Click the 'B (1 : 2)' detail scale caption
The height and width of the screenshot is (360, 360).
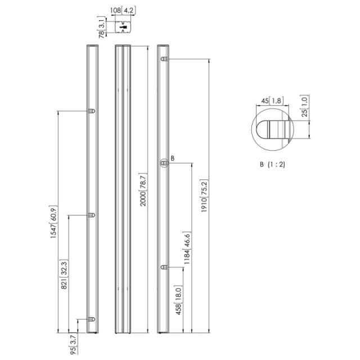[272, 165]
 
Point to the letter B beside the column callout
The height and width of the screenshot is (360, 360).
[172, 159]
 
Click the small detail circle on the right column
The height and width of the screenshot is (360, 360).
[164, 163]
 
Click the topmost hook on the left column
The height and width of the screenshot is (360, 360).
[92, 111]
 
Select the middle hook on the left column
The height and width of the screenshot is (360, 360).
[92, 215]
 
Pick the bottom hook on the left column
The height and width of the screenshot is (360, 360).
[91, 319]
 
